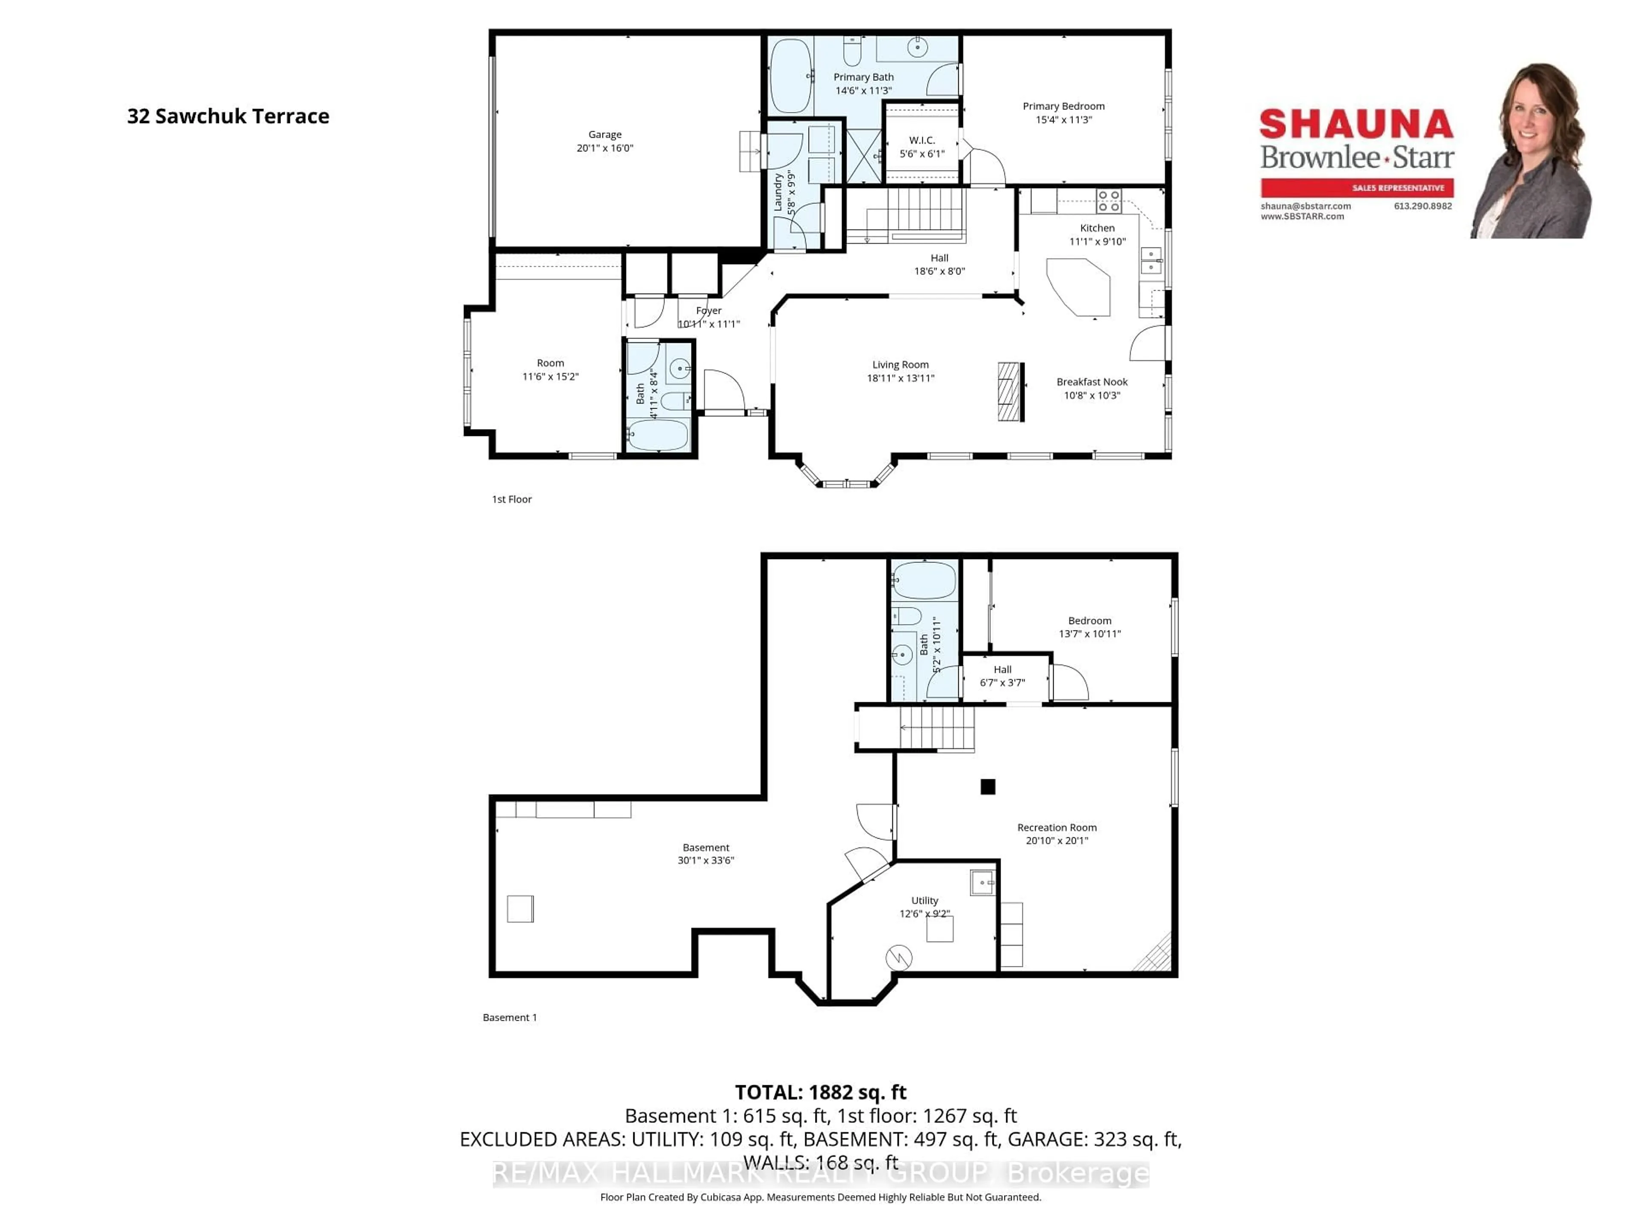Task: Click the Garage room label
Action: tap(604, 134)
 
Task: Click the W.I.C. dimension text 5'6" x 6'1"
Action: tap(922, 153)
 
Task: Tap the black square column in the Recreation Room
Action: tap(987, 786)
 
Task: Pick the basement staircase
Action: tap(935, 728)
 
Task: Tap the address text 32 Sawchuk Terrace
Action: tap(228, 117)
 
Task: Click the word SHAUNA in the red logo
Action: tap(1356, 124)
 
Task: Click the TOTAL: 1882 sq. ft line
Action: tap(820, 1092)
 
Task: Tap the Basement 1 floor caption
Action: tap(509, 1017)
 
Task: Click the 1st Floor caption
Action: tap(511, 499)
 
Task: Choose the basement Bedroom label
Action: tap(1089, 620)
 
